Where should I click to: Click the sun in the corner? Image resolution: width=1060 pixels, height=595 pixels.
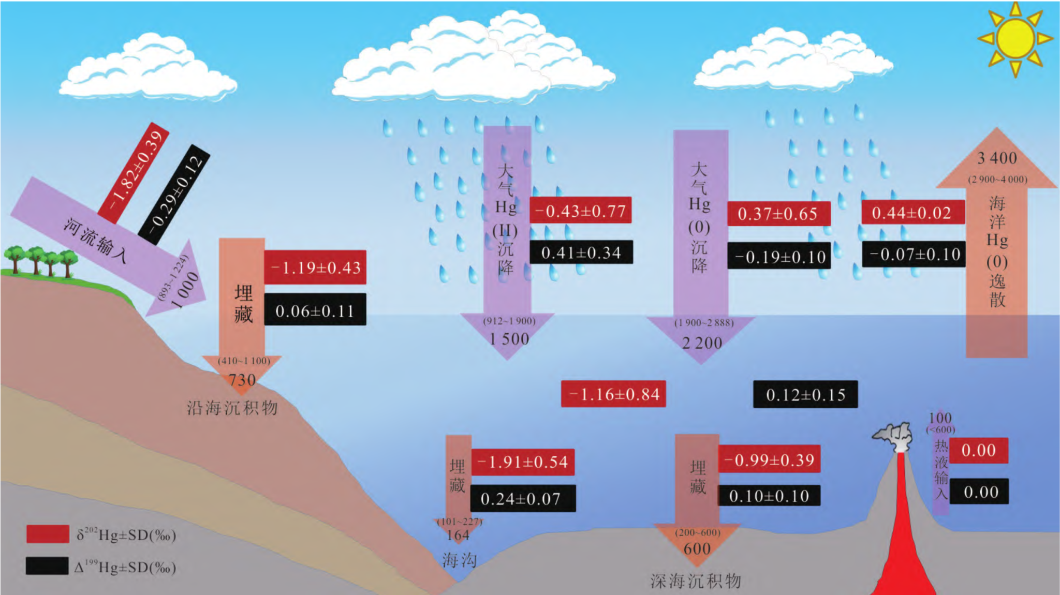(x=1015, y=38)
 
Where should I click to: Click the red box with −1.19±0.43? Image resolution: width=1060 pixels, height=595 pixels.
(x=315, y=267)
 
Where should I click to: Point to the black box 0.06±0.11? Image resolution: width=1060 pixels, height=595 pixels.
(x=315, y=310)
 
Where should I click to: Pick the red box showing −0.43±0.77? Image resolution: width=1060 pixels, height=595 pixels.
(x=580, y=211)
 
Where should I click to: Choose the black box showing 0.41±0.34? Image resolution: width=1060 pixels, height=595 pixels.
(x=581, y=252)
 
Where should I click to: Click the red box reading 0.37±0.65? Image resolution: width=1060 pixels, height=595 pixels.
(x=778, y=214)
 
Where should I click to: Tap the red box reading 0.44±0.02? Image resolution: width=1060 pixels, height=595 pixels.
(x=912, y=213)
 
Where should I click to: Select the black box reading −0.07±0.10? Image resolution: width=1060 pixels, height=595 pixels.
(x=914, y=255)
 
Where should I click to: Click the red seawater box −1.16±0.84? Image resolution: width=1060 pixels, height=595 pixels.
(x=613, y=394)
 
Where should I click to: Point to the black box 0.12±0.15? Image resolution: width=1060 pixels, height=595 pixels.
(x=805, y=395)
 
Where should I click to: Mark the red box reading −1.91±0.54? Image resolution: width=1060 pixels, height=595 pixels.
(x=523, y=462)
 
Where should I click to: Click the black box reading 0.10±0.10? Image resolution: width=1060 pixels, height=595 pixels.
(x=769, y=496)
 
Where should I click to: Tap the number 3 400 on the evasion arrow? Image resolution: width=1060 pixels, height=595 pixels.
(x=997, y=158)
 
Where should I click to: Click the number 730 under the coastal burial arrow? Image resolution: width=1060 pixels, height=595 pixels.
(x=242, y=380)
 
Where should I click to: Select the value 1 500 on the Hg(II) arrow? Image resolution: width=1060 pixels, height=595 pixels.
(x=509, y=339)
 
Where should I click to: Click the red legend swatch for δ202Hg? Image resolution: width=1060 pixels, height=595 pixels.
(x=48, y=534)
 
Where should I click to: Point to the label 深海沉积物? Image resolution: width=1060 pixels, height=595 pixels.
(x=696, y=581)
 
